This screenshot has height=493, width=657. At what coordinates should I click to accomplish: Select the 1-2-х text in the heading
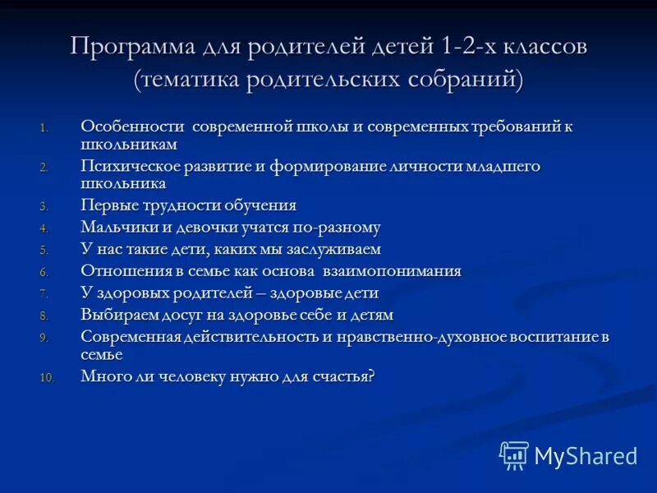click(464, 47)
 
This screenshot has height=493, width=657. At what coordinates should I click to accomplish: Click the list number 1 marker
click(44, 127)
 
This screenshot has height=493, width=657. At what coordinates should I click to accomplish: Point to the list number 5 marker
click(44, 251)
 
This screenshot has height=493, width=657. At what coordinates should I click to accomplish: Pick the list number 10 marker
click(47, 378)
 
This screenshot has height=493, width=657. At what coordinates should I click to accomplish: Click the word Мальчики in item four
click(117, 228)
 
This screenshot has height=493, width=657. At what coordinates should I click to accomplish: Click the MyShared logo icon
click(514, 455)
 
